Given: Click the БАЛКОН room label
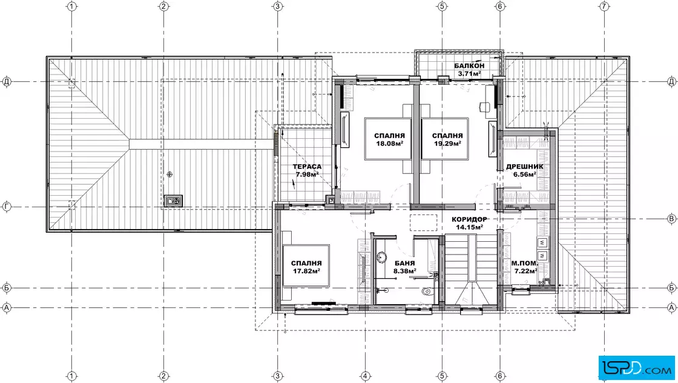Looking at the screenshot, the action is (x=469, y=66).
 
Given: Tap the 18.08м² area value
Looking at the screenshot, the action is (x=390, y=144).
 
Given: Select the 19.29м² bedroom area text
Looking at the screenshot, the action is (x=447, y=144).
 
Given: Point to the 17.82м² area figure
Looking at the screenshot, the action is (x=306, y=271).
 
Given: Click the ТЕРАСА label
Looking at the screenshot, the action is (x=307, y=167).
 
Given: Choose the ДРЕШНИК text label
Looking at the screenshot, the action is (x=525, y=167).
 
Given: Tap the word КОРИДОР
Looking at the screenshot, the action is (x=470, y=219).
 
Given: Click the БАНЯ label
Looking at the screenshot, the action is (x=405, y=263).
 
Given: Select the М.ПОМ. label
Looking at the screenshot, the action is (x=525, y=263).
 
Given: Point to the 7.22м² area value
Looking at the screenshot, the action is (x=526, y=271).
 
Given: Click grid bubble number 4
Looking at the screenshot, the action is (x=366, y=376).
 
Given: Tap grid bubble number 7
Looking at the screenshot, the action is (x=604, y=6).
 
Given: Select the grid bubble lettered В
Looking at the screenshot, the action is (x=671, y=219).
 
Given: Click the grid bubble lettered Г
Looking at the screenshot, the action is (x=7, y=207).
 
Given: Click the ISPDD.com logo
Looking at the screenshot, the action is (x=636, y=368).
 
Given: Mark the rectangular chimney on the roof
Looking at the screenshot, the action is (x=173, y=201).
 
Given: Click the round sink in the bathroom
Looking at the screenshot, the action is (x=381, y=257).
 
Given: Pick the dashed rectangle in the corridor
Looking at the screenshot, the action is (x=423, y=222).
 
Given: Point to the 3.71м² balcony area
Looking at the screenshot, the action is (x=470, y=73).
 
